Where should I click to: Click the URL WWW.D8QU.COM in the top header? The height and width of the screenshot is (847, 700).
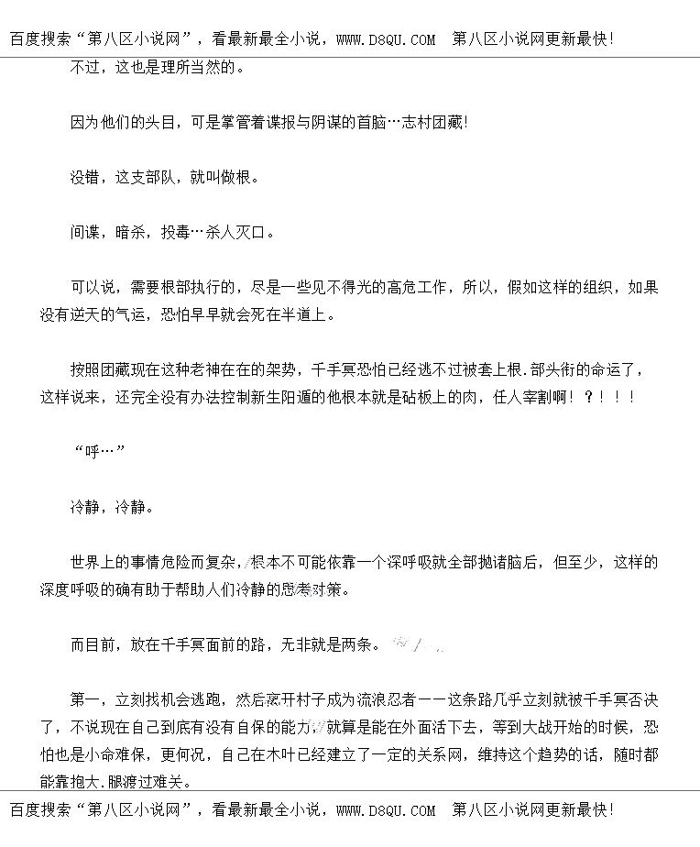click(x=386, y=39)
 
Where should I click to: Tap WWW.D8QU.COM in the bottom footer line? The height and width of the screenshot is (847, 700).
click(x=386, y=810)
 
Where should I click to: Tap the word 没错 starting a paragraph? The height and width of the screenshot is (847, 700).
click(x=85, y=177)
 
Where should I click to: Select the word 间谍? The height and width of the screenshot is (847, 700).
click(x=85, y=232)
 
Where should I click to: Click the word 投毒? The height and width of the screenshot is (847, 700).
click(x=175, y=232)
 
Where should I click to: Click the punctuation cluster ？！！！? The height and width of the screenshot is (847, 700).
click(x=607, y=398)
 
